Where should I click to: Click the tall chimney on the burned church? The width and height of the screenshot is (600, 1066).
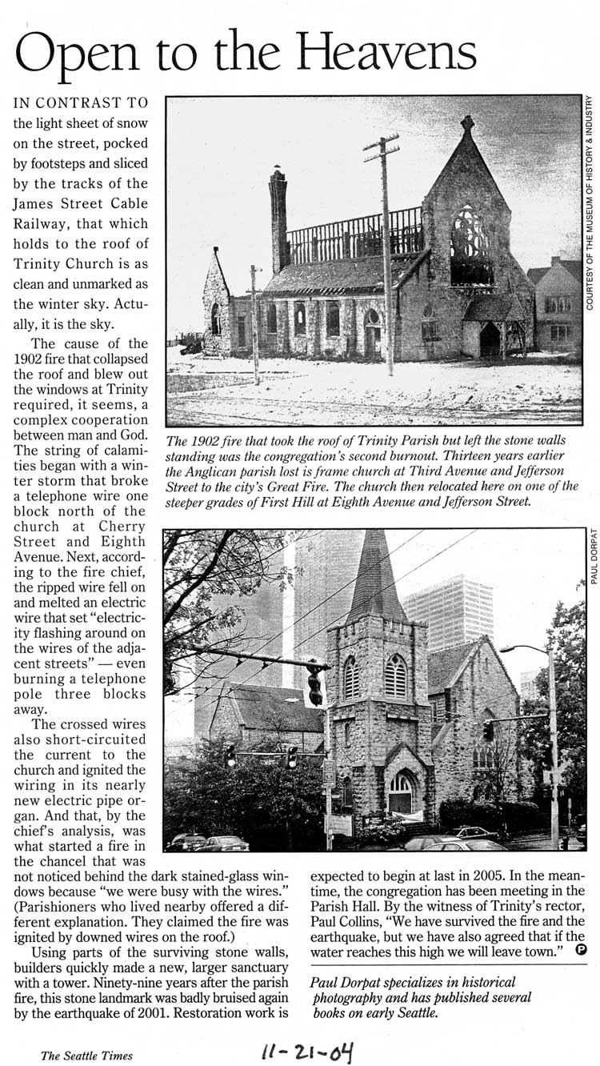pos(278,220)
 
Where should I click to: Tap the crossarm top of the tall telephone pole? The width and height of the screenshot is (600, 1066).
pos(381,146)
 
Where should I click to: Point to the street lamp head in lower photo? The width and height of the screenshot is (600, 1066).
pos(511,649)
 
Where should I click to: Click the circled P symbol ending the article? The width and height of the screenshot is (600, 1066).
pos(580,951)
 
